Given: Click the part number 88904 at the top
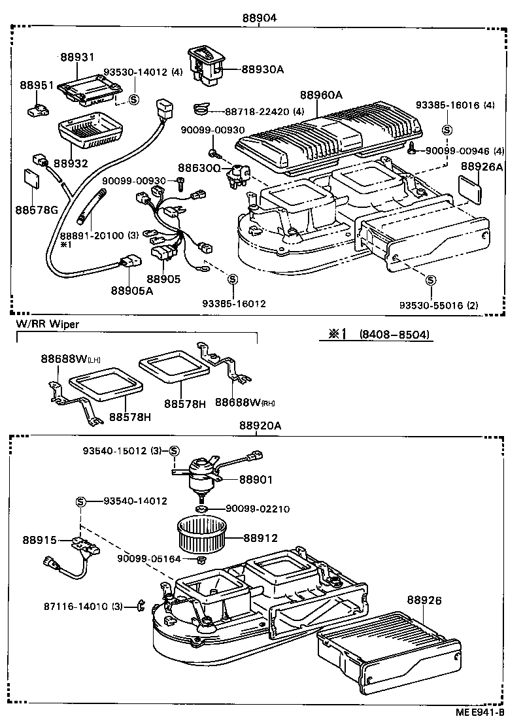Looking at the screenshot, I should (258, 18).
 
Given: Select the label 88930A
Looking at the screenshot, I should (262, 69).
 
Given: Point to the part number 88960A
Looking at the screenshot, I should (321, 95).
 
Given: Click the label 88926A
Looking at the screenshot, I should (481, 167).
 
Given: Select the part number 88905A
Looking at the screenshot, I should (131, 291).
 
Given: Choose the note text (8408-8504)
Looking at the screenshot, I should (394, 334).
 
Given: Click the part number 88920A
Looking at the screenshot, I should (260, 425).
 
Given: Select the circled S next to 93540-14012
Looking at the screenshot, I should (80, 501).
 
